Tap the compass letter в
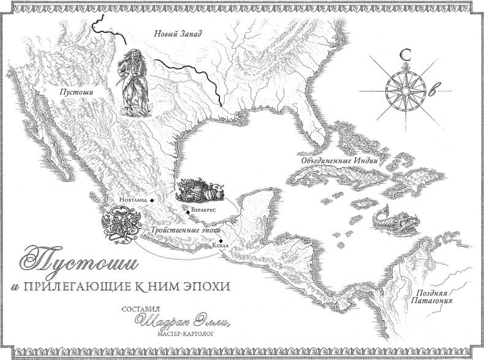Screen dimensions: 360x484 434,92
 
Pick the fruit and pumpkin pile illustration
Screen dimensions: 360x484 197,190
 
